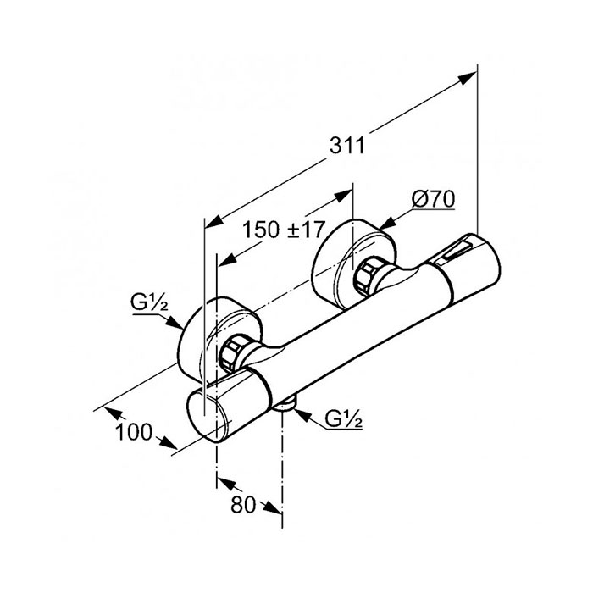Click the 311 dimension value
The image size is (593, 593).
(x=346, y=145)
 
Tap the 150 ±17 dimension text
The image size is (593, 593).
(x=283, y=230)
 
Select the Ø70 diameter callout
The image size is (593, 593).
(x=434, y=198)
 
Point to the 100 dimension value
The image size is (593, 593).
(x=134, y=431)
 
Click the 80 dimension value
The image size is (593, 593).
(x=243, y=504)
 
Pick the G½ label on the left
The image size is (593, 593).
(x=149, y=302)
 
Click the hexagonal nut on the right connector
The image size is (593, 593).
(x=365, y=276)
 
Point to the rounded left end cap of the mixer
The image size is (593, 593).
(x=209, y=417)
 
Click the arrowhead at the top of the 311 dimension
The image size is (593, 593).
(x=468, y=77)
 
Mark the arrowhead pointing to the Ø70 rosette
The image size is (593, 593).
(x=385, y=224)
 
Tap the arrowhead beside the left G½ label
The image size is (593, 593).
(x=175, y=322)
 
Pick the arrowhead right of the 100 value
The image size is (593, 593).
(x=167, y=442)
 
